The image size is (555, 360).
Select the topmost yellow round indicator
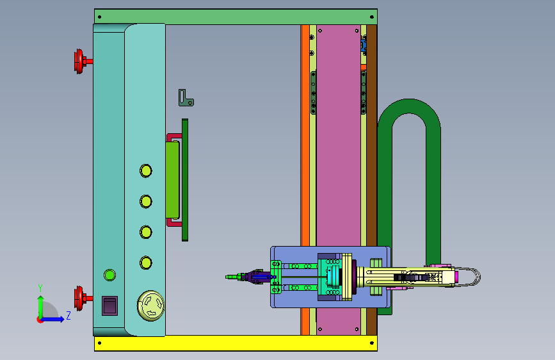point(146,171)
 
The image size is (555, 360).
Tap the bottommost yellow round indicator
point(146,263)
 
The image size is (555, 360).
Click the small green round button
point(109,275)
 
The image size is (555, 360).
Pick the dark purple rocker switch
point(109,306)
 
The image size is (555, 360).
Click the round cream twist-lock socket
point(151,306)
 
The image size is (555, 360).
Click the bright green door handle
point(172,179)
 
